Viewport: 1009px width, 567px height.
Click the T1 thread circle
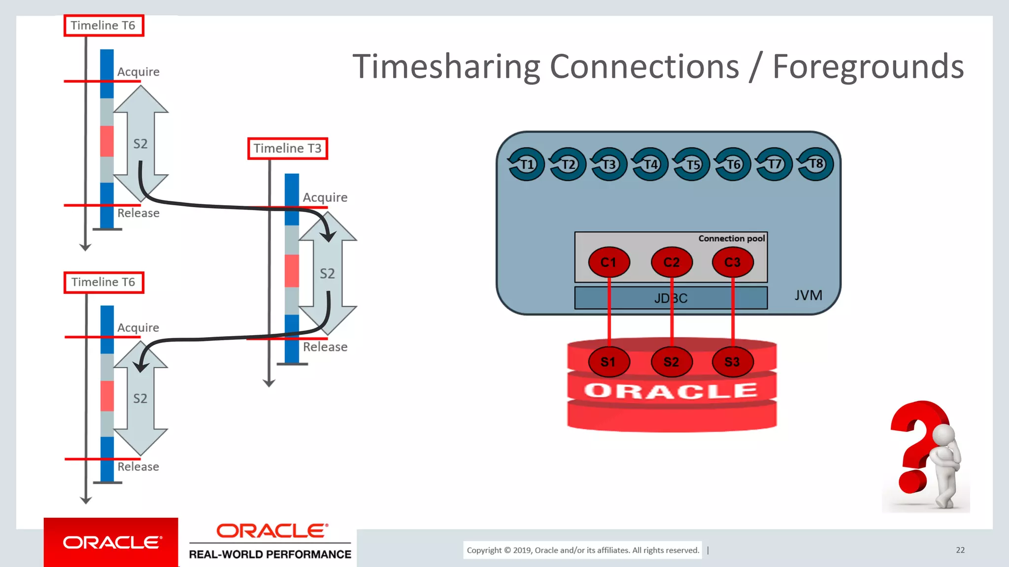pos(526,164)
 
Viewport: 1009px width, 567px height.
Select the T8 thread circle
pos(815,164)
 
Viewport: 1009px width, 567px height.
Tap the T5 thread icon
pos(692,164)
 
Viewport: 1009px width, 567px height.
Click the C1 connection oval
pos(608,262)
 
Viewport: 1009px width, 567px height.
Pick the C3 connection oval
pos(733,262)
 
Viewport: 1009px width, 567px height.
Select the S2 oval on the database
pos(671,362)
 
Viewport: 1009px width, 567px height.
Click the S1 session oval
pos(608,362)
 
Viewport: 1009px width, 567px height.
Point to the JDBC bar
pos(671,298)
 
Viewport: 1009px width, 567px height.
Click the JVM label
pos(808,295)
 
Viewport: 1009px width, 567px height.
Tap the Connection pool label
pos(731,238)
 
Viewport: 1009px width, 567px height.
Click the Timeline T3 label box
pos(287,148)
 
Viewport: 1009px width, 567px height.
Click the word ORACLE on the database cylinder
pos(671,391)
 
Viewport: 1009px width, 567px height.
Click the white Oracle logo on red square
pos(111,542)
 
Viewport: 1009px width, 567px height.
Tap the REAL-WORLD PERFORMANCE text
pos(270,554)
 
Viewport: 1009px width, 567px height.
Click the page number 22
pos(960,550)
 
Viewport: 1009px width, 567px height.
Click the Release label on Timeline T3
pos(325,347)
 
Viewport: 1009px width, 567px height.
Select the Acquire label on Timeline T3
pos(325,197)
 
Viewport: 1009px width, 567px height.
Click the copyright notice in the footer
pos(582,550)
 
